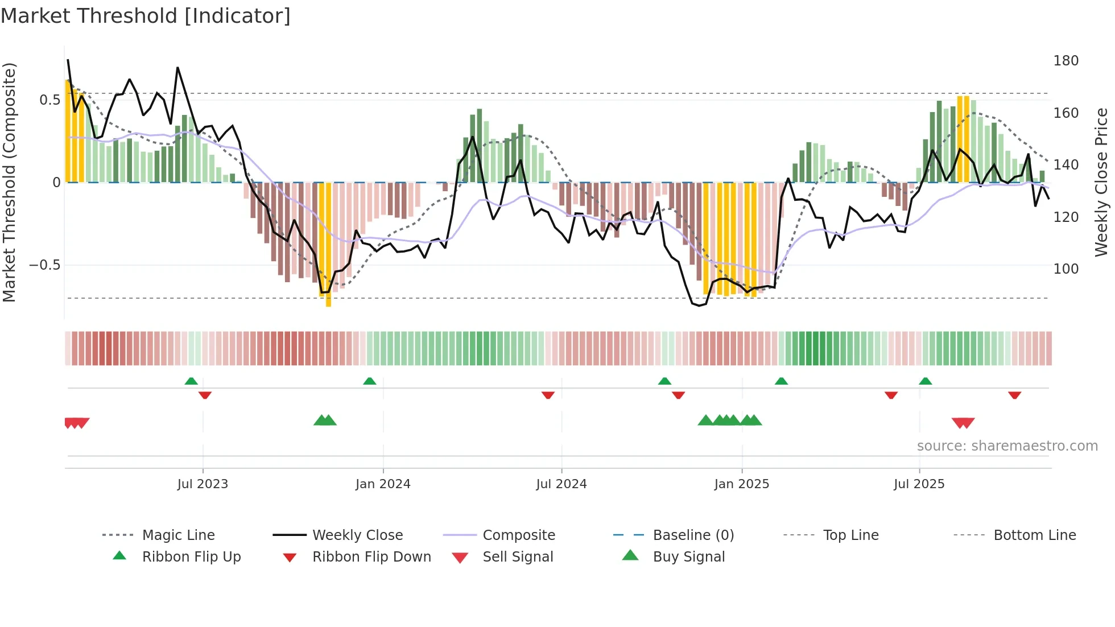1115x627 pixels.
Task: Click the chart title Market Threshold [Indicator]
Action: (x=146, y=16)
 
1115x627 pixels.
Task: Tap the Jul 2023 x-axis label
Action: (x=203, y=484)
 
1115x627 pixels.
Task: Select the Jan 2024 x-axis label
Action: (x=383, y=484)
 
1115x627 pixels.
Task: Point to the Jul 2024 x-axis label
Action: (x=561, y=484)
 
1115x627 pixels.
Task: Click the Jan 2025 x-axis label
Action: (x=742, y=484)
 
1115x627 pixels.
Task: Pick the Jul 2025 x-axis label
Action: (x=919, y=484)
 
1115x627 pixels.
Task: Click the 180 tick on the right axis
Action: (x=1066, y=61)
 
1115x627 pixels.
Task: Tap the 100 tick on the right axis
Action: (x=1066, y=269)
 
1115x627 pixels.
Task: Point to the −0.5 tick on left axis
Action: (x=44, y=265)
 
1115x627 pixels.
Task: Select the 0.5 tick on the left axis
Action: (x=49, y=100)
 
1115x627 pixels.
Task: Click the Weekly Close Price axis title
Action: (x=1101, y=182)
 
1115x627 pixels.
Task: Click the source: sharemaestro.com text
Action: (x=1007, y=445)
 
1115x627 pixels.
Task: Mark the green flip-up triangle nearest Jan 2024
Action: (x=370, y=381)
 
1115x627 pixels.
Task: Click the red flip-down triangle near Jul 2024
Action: (x=548, y=395)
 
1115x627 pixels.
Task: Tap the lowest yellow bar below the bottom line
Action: (x=328, y=302)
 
